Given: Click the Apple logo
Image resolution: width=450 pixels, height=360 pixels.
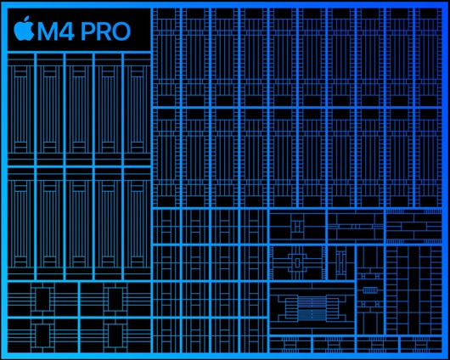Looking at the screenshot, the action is pos(24,28).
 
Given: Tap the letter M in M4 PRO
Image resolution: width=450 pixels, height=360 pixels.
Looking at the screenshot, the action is pos(50,31).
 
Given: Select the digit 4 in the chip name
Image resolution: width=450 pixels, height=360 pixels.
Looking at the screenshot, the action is pos(70,31).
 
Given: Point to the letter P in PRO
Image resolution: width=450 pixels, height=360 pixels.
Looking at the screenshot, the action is pos(88,31).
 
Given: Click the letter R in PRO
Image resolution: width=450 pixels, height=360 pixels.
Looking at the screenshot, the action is pos(104,31).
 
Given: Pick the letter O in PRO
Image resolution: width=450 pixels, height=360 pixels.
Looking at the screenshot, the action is pos(121,31).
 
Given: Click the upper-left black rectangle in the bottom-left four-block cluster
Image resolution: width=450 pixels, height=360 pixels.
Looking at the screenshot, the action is pos(42,300).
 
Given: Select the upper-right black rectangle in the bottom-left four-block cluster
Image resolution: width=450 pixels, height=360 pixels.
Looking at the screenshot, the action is pos(115,300).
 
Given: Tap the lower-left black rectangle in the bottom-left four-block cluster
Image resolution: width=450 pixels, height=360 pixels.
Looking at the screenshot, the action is pos(42,336).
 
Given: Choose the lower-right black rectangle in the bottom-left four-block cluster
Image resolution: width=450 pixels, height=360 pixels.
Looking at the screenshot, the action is pos(115,336).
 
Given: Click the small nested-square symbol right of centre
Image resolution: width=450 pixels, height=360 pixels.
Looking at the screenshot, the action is pos(297,226).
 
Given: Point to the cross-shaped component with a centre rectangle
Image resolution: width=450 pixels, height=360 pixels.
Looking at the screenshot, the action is pos(298,262).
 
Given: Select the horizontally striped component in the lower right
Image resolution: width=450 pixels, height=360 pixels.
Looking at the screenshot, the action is pos(312,307).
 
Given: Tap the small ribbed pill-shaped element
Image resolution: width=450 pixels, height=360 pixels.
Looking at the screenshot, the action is pos(370,290).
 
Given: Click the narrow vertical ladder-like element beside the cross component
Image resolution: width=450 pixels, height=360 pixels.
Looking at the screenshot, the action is pos(341,262).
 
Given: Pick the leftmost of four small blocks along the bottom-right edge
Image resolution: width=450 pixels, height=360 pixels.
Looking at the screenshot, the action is pos(290,344).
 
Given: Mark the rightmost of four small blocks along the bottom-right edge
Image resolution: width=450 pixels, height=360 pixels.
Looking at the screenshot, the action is pos(421,344).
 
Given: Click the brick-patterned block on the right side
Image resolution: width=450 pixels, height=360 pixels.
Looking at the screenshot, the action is pos(413,227).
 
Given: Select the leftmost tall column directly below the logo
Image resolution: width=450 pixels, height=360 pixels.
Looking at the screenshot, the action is pos(20,109).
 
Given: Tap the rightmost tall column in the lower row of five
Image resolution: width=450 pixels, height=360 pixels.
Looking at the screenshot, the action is pos(138,224).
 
